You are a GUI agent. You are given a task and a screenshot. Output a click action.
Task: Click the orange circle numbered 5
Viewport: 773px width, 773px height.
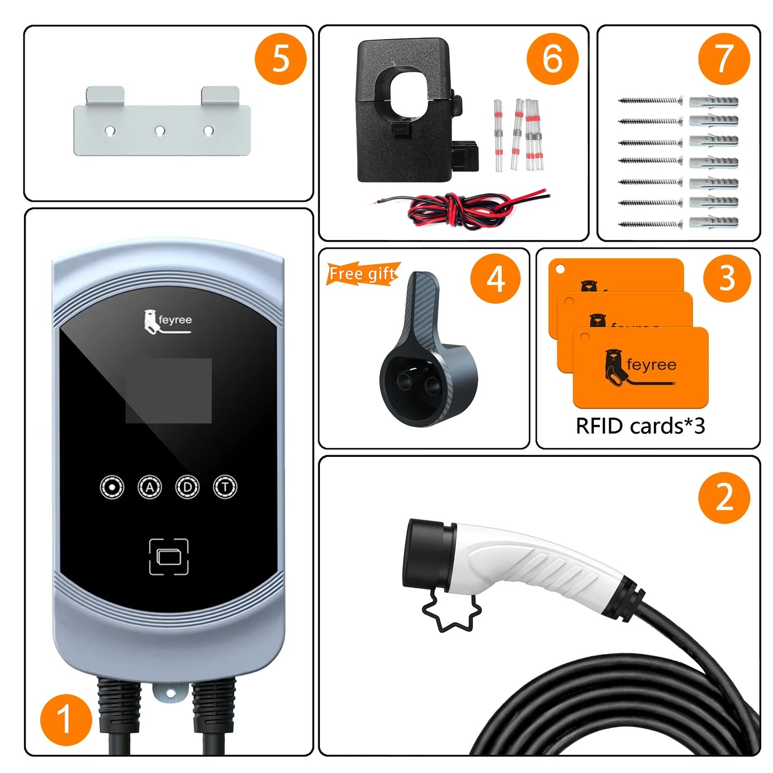point(280,58)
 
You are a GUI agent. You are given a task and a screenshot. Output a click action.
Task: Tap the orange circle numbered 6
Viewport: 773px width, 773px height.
point(552,58)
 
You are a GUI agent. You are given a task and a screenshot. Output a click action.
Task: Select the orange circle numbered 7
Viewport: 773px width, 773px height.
point(724,58)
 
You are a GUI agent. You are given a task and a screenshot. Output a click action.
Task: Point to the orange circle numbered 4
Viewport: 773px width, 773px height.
point(495,278)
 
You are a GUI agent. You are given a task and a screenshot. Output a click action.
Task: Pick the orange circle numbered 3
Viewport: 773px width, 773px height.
point(726,278)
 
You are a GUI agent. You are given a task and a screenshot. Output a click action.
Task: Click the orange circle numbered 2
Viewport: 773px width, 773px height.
point(724,497)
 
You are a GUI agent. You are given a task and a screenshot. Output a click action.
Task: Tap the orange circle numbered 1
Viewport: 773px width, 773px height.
point(66,720)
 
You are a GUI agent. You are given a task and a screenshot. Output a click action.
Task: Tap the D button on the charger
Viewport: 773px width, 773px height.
point(187,487)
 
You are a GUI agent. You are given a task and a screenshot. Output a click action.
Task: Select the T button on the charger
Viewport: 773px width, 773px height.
point(225,487)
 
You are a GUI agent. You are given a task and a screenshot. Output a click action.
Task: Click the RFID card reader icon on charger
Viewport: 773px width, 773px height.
point(169,557)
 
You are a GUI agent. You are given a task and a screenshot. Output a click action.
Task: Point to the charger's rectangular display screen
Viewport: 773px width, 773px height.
point(169,391)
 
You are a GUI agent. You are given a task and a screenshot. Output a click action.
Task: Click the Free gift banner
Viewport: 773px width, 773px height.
point(363,274)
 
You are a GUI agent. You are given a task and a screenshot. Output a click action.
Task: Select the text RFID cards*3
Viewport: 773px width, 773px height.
point(640,426)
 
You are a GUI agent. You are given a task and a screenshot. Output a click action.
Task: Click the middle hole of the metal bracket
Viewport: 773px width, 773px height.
point(159,131)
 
